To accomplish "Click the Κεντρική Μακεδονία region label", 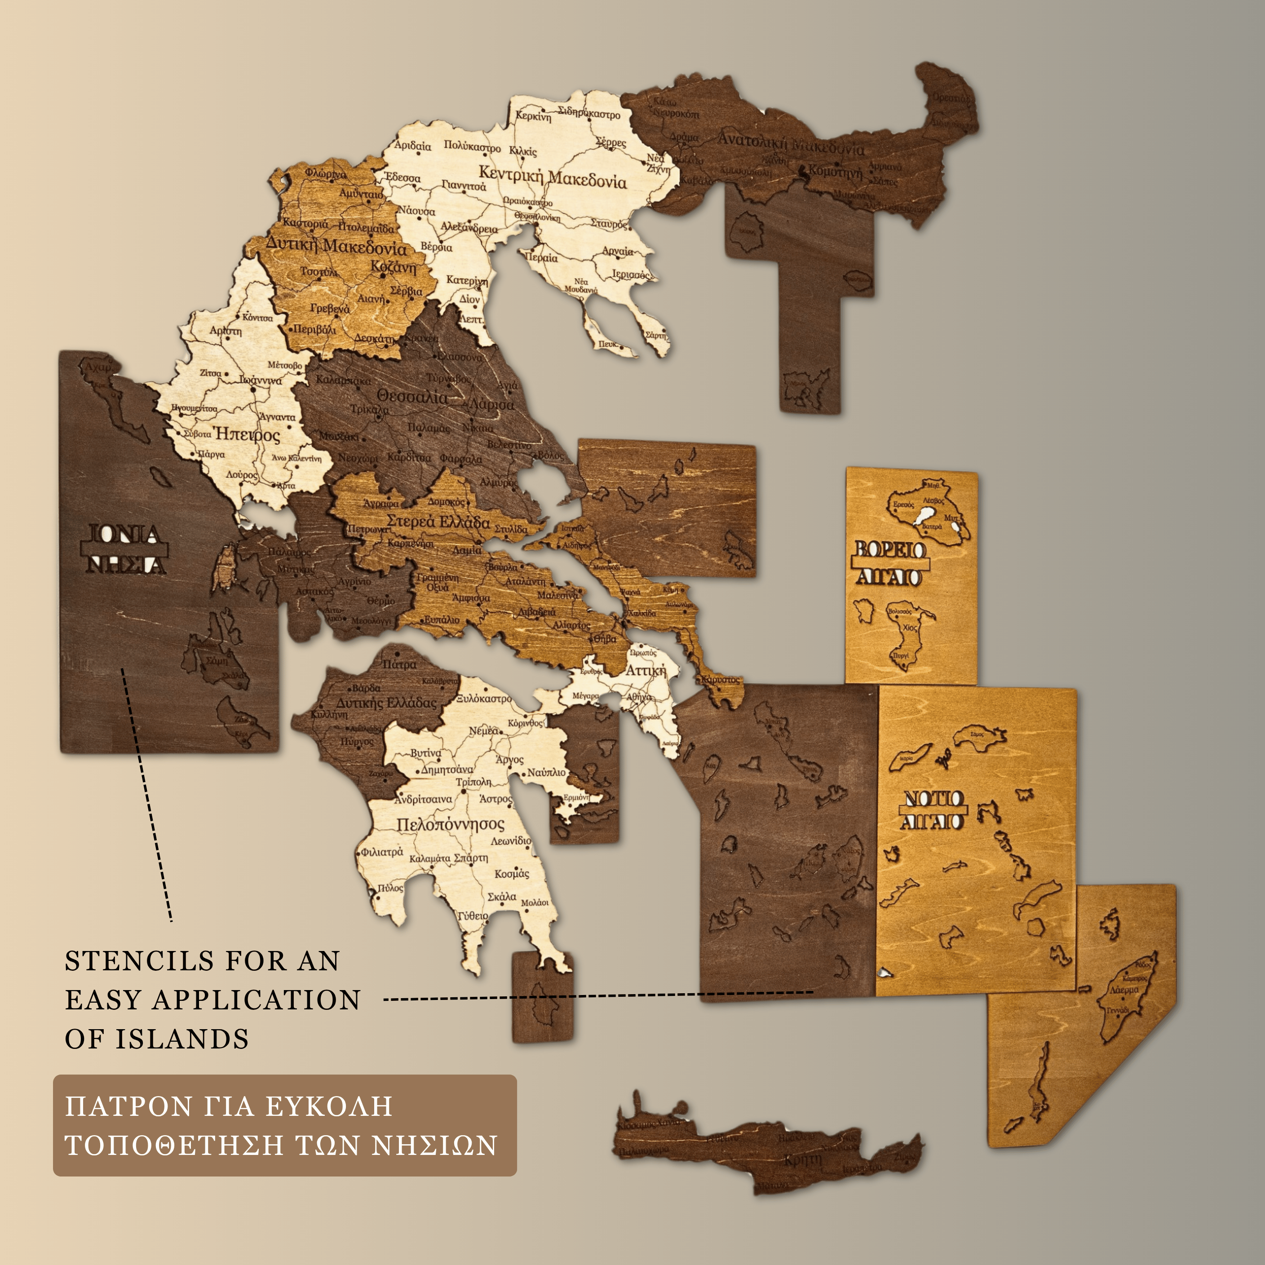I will pyautogui.click(x=553, y=177).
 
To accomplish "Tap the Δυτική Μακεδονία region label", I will pyautogui.click(x=336, y=246).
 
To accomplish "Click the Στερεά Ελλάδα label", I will pyautogui.click(x=438, y=522).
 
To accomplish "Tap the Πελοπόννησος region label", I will pyautogui.click(x=451, y=824).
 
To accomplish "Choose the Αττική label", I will pyautogui.click(x=646, y=671).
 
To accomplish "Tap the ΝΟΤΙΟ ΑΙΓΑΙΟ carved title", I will pyautogui.click(x=933, y=810).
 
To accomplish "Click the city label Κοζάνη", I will pyautogui.click(x=393, y=268).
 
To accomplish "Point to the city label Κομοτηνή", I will pyautogui.click(x=835, y=172).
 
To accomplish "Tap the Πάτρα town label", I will pyautogui.click(x=399, y=664).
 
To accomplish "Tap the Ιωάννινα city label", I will pyautogui.click(x=261, y=380).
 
